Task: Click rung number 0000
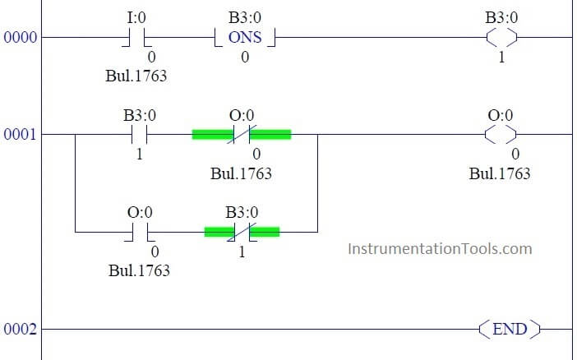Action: pos(21,37)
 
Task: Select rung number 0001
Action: pos(21,134)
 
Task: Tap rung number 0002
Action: pos(21,329)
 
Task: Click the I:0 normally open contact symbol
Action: pos(137,38)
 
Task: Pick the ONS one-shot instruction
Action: pos(245,38)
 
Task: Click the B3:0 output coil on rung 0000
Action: pos(501,37)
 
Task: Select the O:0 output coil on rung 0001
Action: pos(501,134)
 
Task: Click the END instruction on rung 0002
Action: pos(510,329)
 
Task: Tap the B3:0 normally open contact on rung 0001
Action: pos(139,134)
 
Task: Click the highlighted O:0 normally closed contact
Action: pos(242,134)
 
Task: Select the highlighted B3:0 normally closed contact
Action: pos(242,232)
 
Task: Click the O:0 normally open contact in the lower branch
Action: pos(140,233)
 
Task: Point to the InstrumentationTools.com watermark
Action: pos(440,249)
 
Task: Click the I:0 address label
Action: pos(136,17)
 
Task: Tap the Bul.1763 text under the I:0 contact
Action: pos(136,76)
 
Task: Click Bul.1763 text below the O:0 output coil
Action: pos(500,173)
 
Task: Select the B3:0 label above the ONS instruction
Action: pos(245,17)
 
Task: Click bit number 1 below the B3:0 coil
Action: pos(501,57)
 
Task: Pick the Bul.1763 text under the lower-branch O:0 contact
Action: pos(139,270)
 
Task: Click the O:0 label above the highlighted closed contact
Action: pos(242,115)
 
